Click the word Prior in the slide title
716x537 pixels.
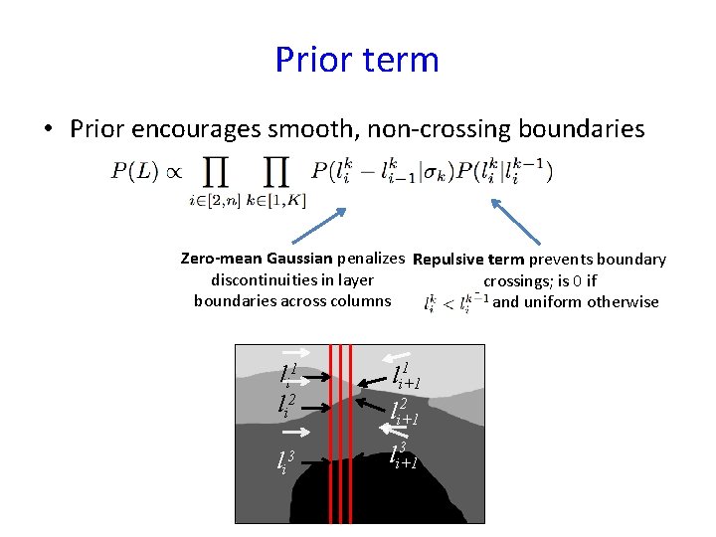(x=312, y=60)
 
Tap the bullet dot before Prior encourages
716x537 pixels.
(x=48, y=130)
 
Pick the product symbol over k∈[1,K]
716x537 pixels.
(x=276, y=172)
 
